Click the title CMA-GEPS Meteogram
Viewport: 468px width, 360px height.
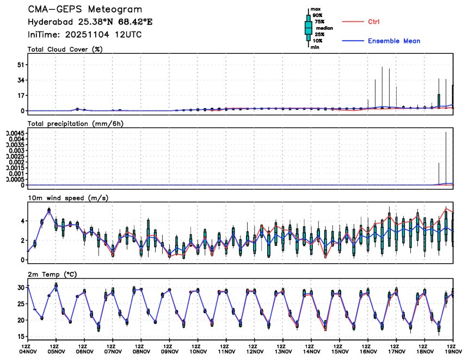pyautogui.click(x=85, y=10)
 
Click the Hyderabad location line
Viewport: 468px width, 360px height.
pyautogui.click(x=90, y=22)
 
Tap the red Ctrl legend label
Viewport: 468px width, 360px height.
pyautogui.click(x=373, y=21)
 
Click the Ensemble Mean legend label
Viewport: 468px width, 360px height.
pyautogui.click(x=393, y=41)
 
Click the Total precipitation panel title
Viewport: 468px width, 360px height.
pyautogui.click(x=76, y=123)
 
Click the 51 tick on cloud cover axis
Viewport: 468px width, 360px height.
pyautogui.click(x=21, y=65)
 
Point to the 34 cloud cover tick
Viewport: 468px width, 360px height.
pyautogui.click(x=21, y=80)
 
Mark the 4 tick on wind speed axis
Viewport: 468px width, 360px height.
pyautogui.click(x=22, y=221)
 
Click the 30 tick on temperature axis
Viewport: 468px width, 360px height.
pyautogui.click(x=21, y=287)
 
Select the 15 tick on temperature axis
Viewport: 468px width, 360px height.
pyautogui.click(x=21, y=337)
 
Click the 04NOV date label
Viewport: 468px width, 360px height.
pyautogui.click(x=27, y=352)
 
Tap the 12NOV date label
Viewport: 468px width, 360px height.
pyautogui.click(x=254, y=352)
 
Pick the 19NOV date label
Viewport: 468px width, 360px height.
pyautogui.click(x=451, y=352)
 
